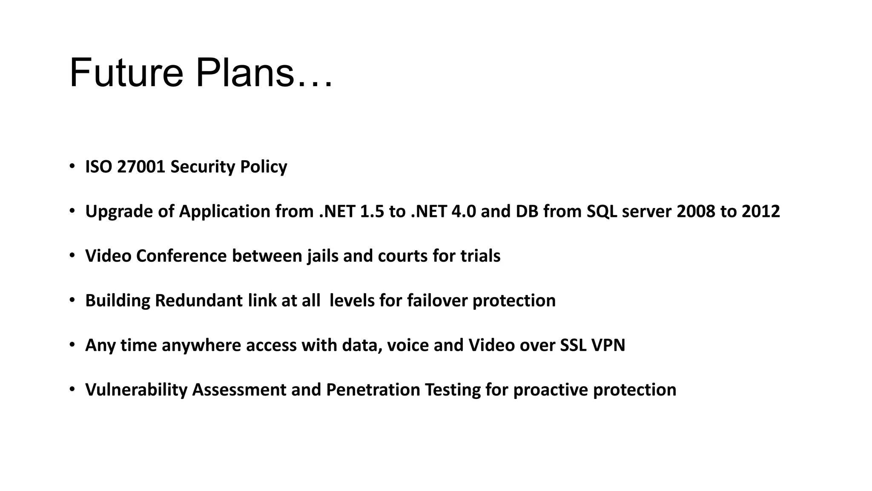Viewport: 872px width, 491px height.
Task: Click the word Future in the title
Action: point(126,73)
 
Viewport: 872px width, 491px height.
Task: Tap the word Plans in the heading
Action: point(245,73)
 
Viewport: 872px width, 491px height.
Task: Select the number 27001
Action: point(141,167)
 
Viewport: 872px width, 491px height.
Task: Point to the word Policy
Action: point(264,167)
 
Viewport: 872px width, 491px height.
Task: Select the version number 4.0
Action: point(463,211)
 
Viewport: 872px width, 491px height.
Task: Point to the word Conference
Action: point(181,256)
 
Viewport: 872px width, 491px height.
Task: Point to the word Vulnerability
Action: point(136,390)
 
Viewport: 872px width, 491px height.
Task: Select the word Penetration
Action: point(373,390)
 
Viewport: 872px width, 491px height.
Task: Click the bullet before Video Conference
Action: point(72,255)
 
